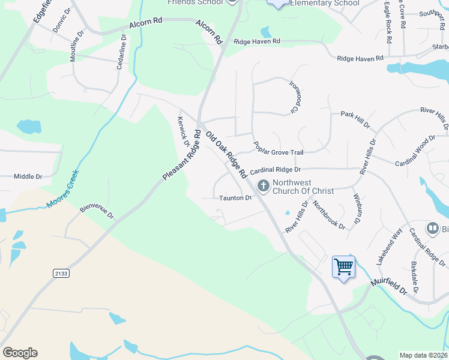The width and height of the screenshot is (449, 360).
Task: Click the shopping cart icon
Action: point(344,266)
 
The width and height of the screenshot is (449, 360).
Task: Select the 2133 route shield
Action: point(61,273)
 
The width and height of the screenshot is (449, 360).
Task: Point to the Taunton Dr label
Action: point(235,197)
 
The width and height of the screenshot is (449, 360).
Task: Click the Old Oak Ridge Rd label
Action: point(227,155)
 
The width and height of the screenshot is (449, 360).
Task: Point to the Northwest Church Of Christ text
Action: point(303,187)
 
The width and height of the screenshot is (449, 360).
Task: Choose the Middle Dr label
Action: point(28,176)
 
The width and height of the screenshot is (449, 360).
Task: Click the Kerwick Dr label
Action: point(184,128)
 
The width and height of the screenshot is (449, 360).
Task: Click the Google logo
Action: point(20,353)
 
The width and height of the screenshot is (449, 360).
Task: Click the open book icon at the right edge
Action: point(432,228)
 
